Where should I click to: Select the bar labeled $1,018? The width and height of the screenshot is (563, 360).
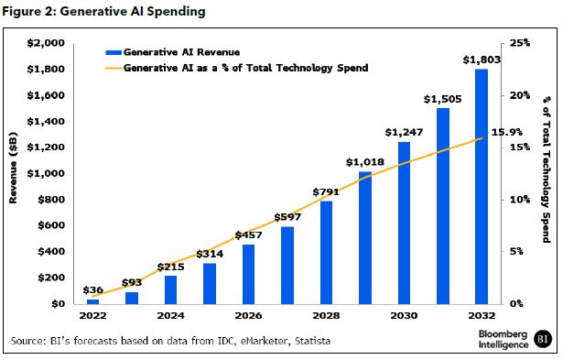(364, 237)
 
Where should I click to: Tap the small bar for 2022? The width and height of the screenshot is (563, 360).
(92, 300)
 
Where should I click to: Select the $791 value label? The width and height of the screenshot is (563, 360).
(325, 191)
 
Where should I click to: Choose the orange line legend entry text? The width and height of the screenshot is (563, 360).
(244, 68)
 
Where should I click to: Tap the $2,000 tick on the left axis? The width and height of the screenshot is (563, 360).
(46, 43)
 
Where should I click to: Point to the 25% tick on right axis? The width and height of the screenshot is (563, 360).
(520, 43)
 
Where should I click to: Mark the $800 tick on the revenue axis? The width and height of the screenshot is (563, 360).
(51, 200)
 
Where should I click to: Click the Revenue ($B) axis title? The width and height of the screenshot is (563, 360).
(15, 173)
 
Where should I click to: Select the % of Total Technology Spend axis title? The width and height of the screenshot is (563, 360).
(546, 173)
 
